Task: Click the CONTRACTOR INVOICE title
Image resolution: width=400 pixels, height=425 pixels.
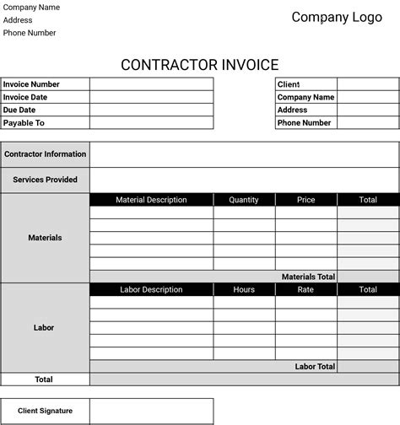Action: point(199,65)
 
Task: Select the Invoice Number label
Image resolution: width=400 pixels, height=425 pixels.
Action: point(31,84)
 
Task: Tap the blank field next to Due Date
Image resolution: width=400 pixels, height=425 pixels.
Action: point(151,110)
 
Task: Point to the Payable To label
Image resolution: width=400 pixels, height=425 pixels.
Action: point(24,123)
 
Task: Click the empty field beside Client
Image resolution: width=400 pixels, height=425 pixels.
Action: point(368,84)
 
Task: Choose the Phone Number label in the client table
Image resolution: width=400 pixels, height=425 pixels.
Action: point(304,123)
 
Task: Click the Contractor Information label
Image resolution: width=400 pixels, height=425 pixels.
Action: point(45,154)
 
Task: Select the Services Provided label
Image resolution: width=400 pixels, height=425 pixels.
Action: point(45,180)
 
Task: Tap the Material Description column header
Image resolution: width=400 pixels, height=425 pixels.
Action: point(151,200)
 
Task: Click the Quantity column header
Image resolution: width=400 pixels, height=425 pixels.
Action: point(244,200)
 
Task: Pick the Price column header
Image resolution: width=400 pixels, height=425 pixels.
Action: point(305,200)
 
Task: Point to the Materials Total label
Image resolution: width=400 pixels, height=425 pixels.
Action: point(308,277)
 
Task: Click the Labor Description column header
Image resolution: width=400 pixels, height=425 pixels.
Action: point(151,289)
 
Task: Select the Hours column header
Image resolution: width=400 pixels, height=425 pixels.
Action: point(244,289)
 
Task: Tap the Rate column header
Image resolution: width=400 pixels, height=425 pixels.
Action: point(305,289)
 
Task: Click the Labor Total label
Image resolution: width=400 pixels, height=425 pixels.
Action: point(315,367)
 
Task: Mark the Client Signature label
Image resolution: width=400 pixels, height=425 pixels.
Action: point(45,411)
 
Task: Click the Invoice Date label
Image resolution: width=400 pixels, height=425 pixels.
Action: point(25,97)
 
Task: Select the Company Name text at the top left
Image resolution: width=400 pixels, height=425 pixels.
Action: point(31,7)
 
